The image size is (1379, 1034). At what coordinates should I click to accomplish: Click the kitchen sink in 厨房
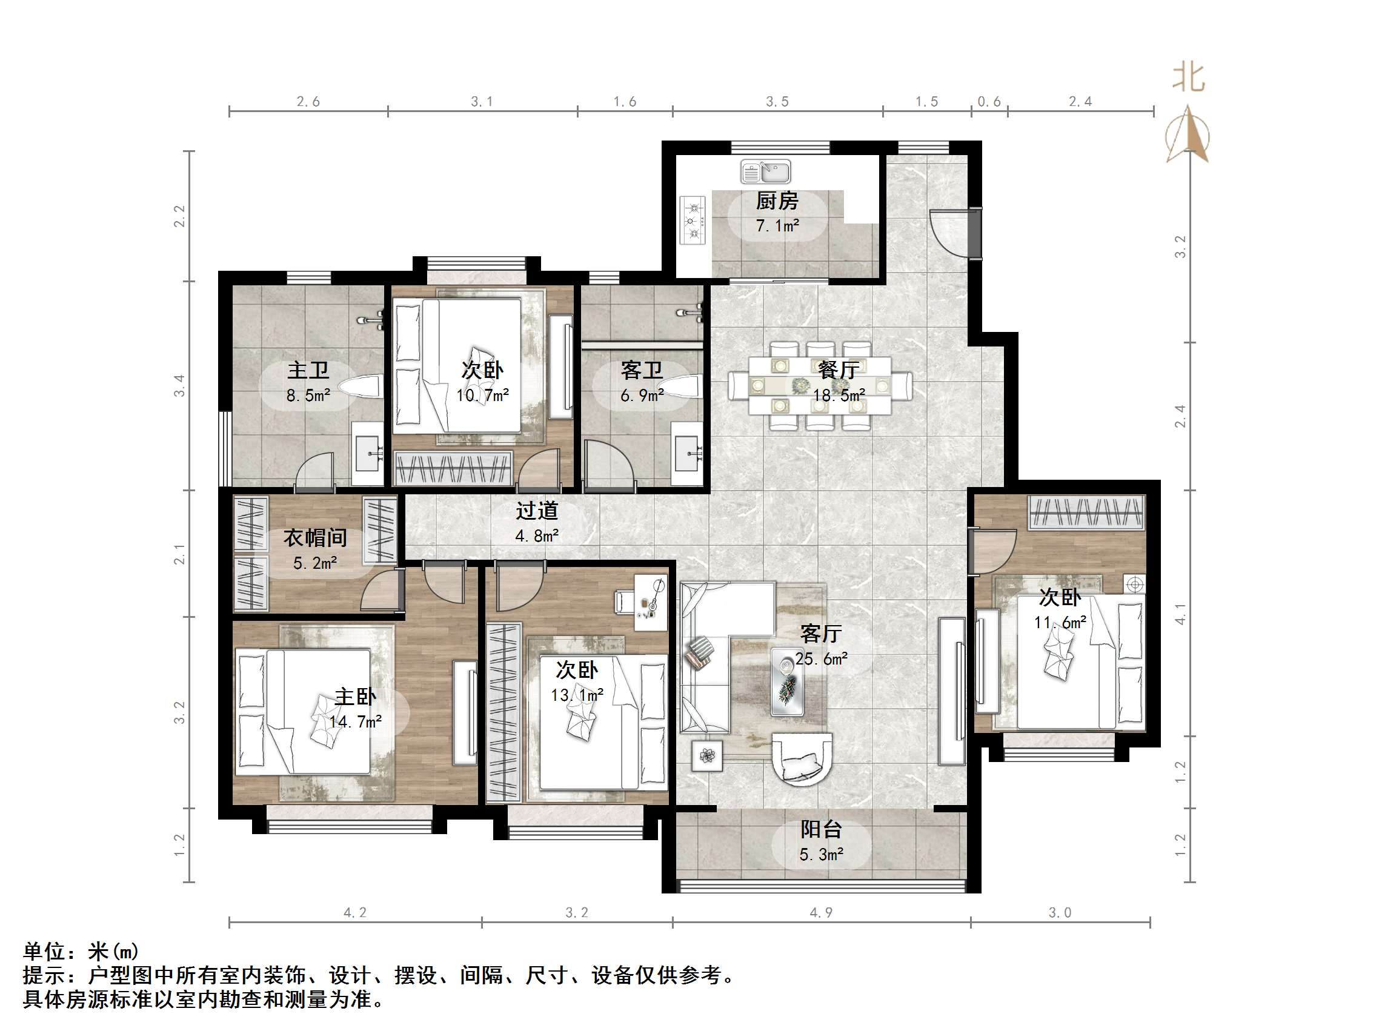pyautogui.click(x=766, y=171)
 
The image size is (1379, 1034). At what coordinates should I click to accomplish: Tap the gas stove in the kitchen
pyautogui.click(x=693, y=220)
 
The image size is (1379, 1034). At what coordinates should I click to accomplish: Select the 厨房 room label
pyautogui.click(x=777, y=201)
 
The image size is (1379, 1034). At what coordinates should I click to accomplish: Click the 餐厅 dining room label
pyautogui.click(x=838, y=370)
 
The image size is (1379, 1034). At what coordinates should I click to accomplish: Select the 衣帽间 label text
pyautogui.click(x=315, y=538)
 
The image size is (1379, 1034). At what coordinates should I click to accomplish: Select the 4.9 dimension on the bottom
pyautogui.click(x=820, y=913)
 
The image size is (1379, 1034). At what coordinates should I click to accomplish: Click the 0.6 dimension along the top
pyautogui.click(x=989, y=102)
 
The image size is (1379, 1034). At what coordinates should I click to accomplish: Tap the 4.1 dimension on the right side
pyautogui.click(x=1180, y=614)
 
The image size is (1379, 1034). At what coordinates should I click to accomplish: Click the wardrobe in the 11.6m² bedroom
pyautogui.click(x=1086, y=512)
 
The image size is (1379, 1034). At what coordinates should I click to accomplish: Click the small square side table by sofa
pyautogui.click(x=707, y=756)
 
